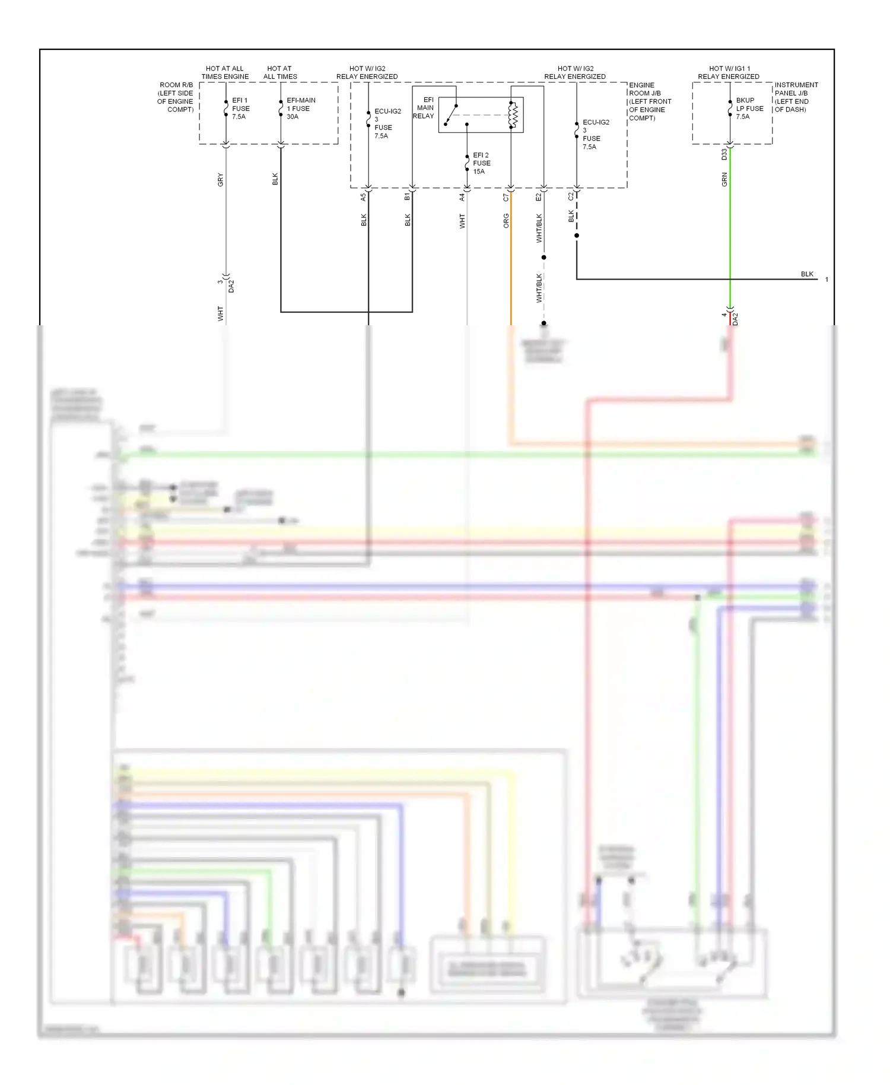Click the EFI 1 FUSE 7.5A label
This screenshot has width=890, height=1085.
tap(240, 109)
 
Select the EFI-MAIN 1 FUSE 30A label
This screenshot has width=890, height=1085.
tap(301, 109)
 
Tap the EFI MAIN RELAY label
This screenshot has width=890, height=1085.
tap(424, 108)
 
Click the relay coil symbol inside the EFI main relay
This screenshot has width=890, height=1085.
tap(513, 115)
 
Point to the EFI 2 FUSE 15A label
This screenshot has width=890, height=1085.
tap(481, 163)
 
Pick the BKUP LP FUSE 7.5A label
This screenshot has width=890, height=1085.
tap(749, 109)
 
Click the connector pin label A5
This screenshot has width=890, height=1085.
tap(363, 197)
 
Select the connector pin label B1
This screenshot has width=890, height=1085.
tap(407, 196)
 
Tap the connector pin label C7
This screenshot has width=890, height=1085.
tap(506, 197)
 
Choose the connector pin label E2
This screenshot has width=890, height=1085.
tap(539, 197)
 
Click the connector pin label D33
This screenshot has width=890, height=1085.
tap(724, 154)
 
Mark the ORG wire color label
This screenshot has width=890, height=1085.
tap(506, 221)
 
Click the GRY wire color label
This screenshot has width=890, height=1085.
tap(220, 180)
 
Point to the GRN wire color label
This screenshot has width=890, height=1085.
tap(724, 179)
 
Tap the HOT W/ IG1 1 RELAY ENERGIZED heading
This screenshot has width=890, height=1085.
tap(729, 72)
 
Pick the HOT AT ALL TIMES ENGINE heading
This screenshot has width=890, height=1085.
tap(225, 72)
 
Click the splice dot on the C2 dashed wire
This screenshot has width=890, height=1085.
tap(576, 236)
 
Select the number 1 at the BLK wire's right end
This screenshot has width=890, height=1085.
tap(827, 280)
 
